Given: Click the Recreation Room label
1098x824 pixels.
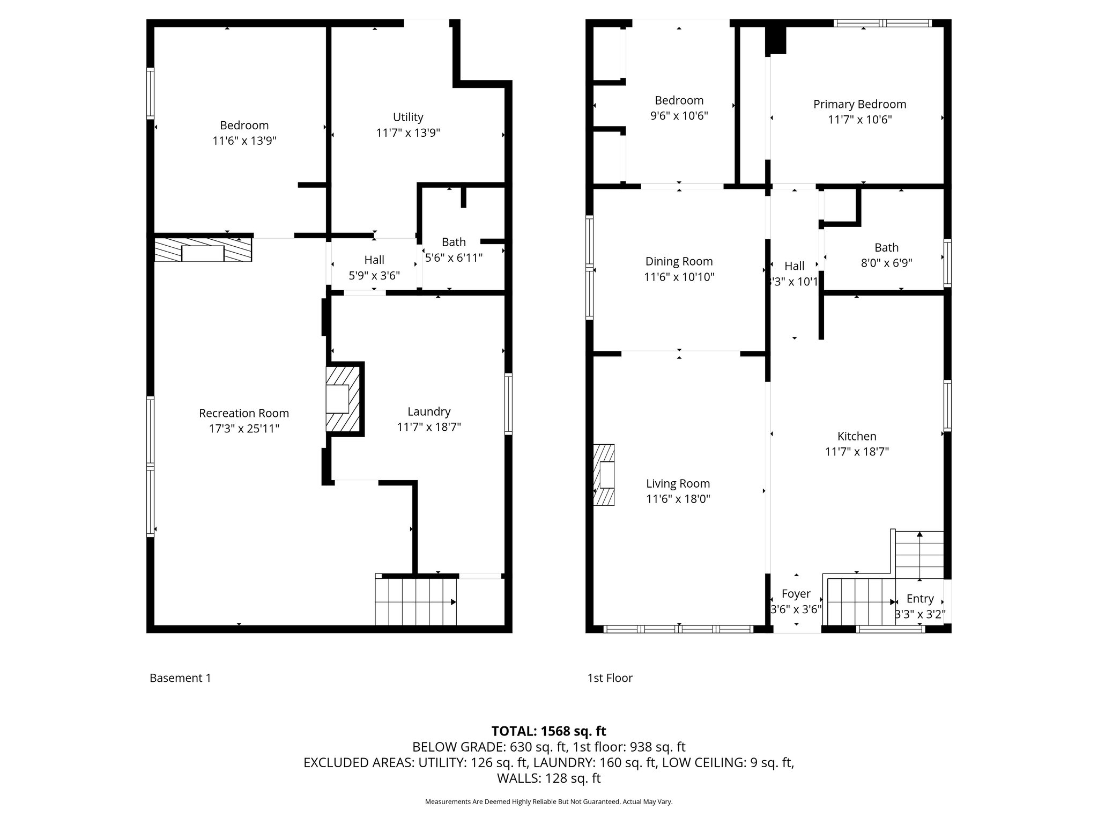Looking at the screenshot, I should pos(243,413).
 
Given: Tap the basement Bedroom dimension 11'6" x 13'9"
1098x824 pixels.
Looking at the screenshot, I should pos(244,141).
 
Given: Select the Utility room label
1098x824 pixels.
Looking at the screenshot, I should pos(408,117).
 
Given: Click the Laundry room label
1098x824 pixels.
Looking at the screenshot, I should pos(429,411).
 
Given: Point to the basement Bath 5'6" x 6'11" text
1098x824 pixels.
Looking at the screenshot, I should pos(454,257).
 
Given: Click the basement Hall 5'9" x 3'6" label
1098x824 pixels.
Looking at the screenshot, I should pos(374,276).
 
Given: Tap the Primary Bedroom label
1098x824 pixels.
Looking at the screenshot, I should pos(859,104).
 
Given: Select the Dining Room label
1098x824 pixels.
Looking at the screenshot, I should pos(679,261).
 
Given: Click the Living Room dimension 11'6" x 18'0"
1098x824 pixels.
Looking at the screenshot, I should pos(678,499).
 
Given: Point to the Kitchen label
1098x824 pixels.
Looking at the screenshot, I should pos(857,436).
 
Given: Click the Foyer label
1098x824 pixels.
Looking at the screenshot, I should pos(796,594).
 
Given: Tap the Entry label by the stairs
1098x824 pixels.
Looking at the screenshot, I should pos(920,599).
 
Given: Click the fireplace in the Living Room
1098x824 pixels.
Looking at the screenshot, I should pos(604,475).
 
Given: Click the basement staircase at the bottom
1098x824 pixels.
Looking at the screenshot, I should pos(416,601).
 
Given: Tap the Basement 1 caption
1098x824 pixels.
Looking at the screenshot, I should pos(180,678).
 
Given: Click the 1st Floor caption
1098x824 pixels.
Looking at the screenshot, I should pos(610,678).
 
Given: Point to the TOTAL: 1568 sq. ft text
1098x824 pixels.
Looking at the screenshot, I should pos(548,731).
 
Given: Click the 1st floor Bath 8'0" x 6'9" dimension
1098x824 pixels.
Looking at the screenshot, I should pos(886,263).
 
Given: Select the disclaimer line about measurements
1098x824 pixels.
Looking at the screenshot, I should pos(548,802).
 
